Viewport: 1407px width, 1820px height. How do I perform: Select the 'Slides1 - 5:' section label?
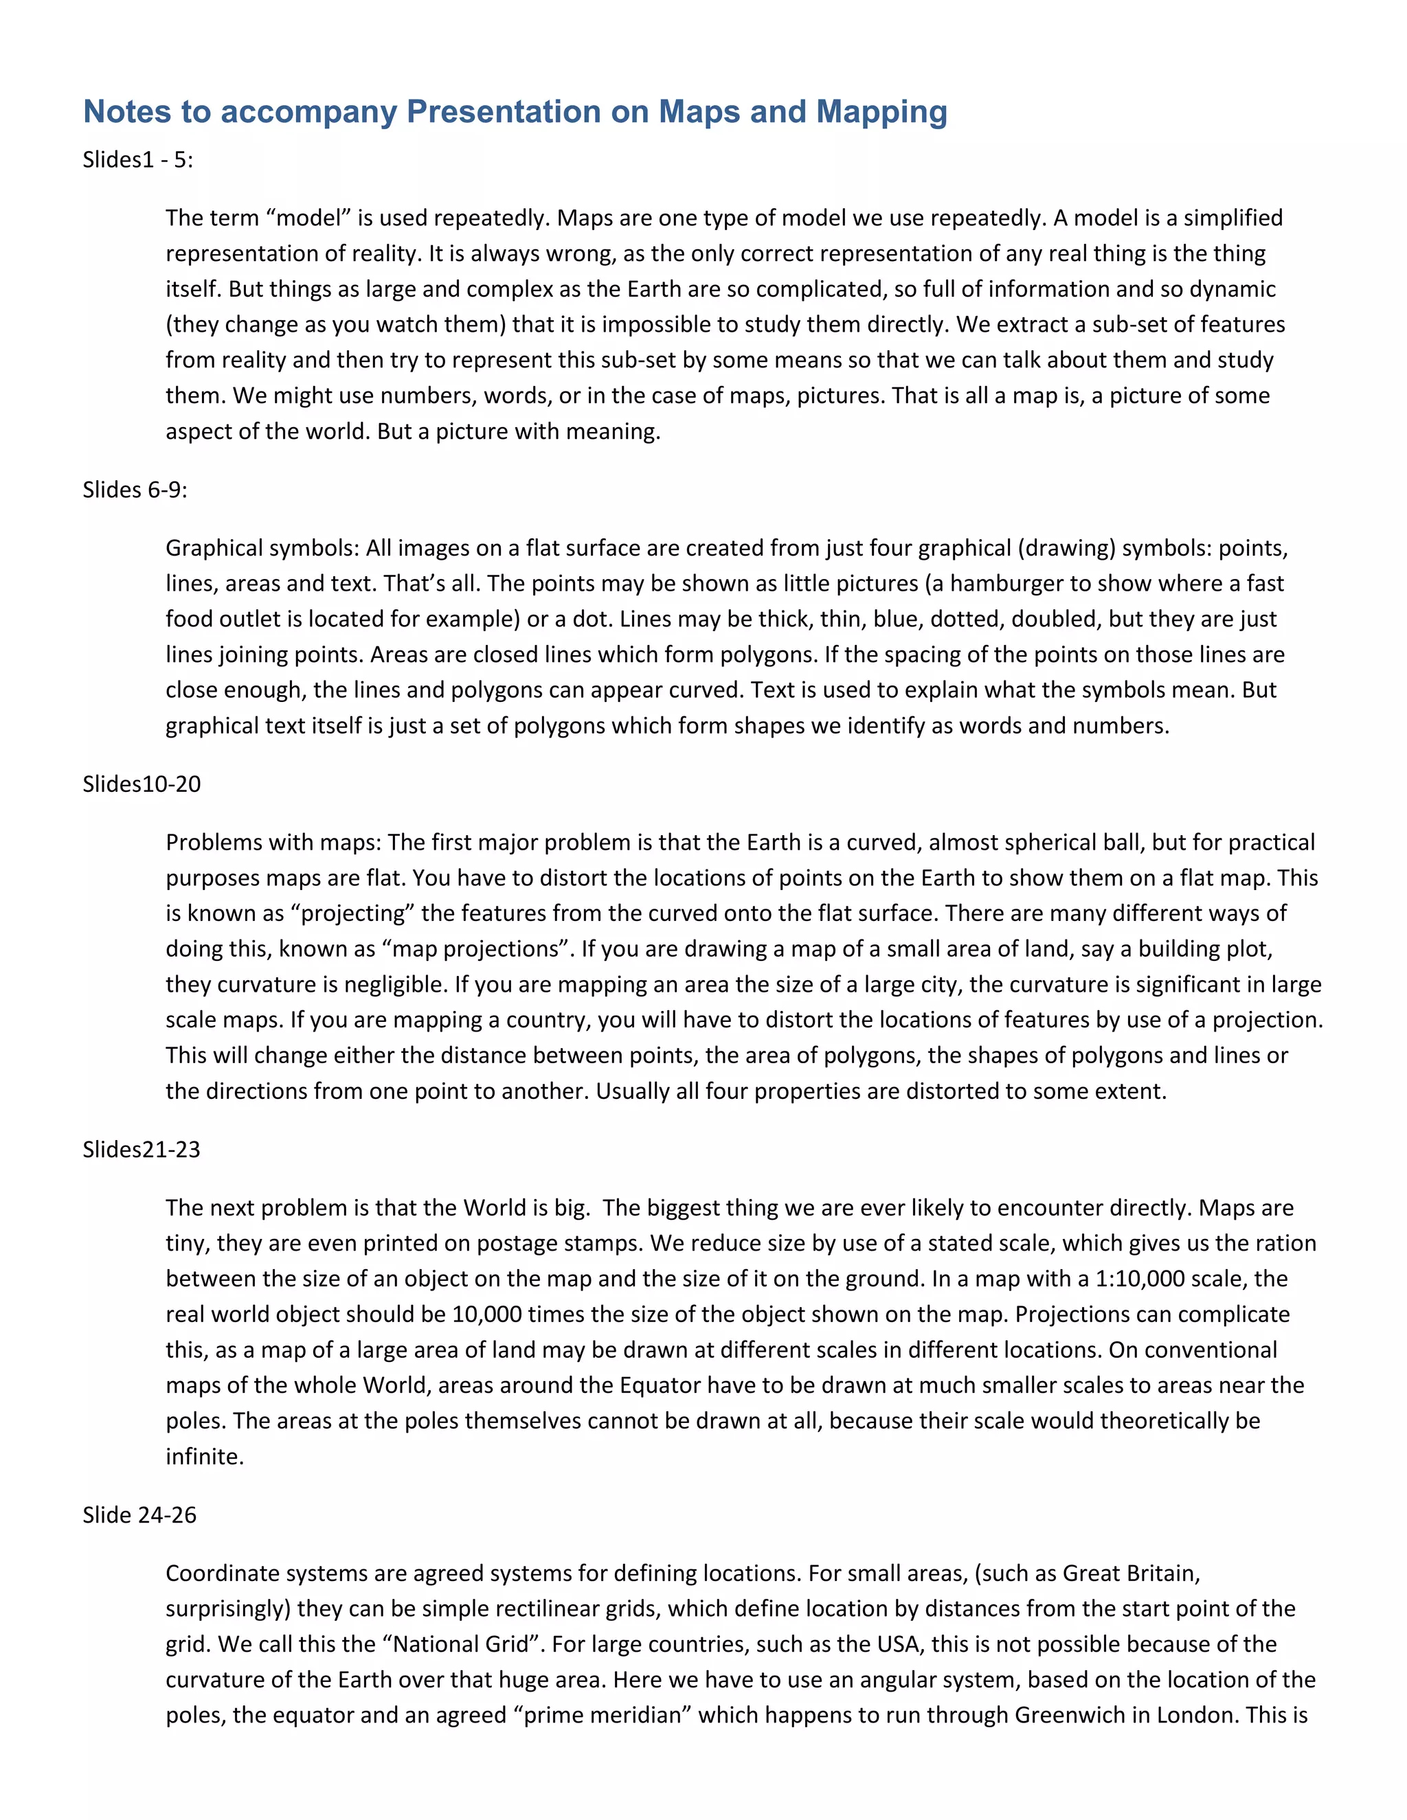click(137, 160)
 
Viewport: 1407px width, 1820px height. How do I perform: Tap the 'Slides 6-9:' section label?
click(135, 490)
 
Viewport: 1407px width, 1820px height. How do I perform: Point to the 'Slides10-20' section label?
click(142, 784)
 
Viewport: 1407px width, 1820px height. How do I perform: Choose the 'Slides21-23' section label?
click(142, 1150)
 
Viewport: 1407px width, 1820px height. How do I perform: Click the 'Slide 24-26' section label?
click(139, 1515)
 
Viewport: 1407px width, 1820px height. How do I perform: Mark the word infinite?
click(204, 1457)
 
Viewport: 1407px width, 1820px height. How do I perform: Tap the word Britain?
click(1163, 1573)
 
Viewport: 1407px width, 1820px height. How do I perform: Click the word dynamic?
click(1232, 289)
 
